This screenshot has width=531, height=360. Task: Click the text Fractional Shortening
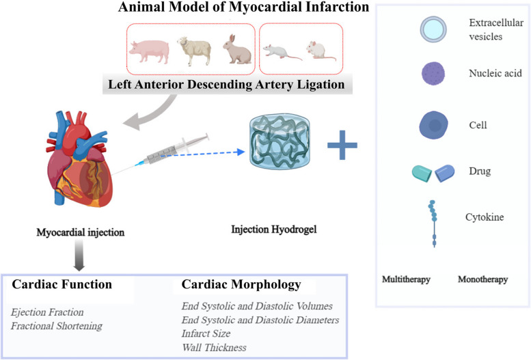coord(56,326)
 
